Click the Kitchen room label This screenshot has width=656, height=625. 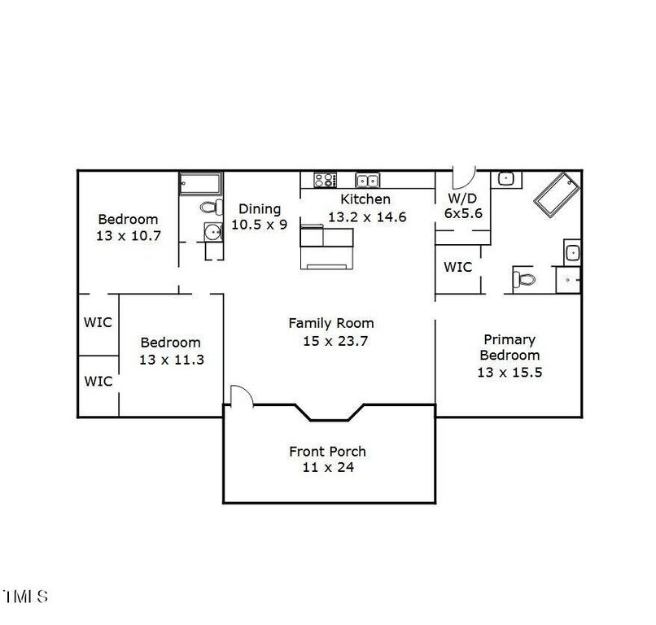pyautogui.click(x=365, y=199)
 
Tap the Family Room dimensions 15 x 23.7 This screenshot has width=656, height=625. pyautogui.click(x=335, y=341)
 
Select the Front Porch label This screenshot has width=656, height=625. pyautogui.click(x=327, y=452)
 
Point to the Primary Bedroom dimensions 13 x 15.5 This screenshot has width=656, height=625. pyautogui.click(x=509, y=372)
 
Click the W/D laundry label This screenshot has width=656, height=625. pyautogui.click(x=462, y=198)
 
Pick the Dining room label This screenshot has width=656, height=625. pyautogui.click(x=260, y=209)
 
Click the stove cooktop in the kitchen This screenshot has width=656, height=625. pyautogui.click(x=325, y=180)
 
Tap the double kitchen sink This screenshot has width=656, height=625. pyautogui.click(x=367, y=181)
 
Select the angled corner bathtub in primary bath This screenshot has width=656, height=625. pyautogui.click(x=557, y=195)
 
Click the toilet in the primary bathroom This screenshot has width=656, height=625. pyautogui.click(x=524, y=278)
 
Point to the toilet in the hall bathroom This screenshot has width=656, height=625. pyautogui.click(x=212, y=207)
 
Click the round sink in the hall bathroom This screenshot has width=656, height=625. pyautogui.click(x=213, y=232)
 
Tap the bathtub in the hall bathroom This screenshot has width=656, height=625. pyautogui.click(x=200, y=183)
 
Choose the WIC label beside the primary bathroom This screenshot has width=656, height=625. pyautogui.click(x=457, y=267)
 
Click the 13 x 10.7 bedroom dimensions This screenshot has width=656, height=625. pyautogui.click(x=129, y=235)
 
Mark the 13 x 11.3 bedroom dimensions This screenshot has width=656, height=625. pyautogui.click(x=172, y=360)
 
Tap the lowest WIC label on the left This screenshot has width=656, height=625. pyautogui.click(x=98, y=381)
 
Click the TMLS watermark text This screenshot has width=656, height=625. pyautogui.click(x=25, y=597)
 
